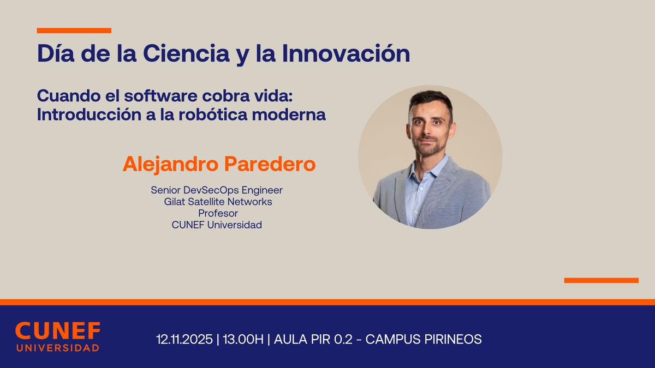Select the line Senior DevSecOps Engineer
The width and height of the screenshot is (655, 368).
click(x=217, y=190)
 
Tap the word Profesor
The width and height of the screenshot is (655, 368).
click(x=218, y=213)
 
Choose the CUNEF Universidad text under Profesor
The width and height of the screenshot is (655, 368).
click(x=217, y=225)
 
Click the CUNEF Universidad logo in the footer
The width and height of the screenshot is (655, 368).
click(x=57, y=336)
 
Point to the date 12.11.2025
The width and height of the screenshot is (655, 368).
click(x=184, y=339)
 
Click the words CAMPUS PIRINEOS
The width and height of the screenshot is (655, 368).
click(x=424, y=339)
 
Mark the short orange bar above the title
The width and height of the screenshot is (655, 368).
click(x=74, y=31)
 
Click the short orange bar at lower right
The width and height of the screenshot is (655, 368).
click(x=601, y=280)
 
